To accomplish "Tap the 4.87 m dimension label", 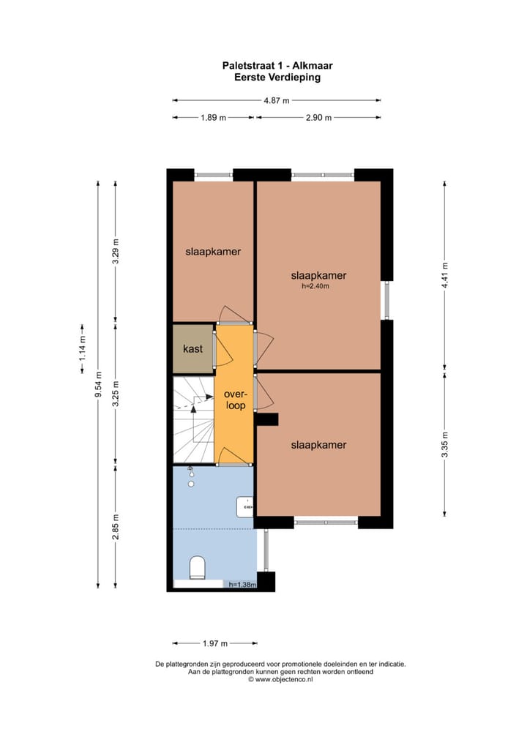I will (x=277, y=101).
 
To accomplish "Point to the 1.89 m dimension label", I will (x=213, y=117).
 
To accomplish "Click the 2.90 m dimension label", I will (x=318, y=117).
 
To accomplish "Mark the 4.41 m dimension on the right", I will (x=444, y=275).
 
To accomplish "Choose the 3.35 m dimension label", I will (x=444, y=444).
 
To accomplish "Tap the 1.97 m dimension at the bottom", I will (x=214, y=643).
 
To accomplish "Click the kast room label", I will (x=193, y=349).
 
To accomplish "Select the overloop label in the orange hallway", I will (x=234, y=400).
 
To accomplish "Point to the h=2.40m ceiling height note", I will (x=315, y=286).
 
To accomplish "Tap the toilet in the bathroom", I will (x=197, y=567).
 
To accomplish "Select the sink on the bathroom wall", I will (x=245, y=505).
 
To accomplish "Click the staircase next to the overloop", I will (x=193, y=419).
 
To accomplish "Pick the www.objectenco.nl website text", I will (x=280, y=680).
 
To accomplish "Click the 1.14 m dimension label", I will (x=83, y=349).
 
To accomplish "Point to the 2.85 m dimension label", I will (x=116, y=526).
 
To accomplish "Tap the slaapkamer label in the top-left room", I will (x=213, y=251).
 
